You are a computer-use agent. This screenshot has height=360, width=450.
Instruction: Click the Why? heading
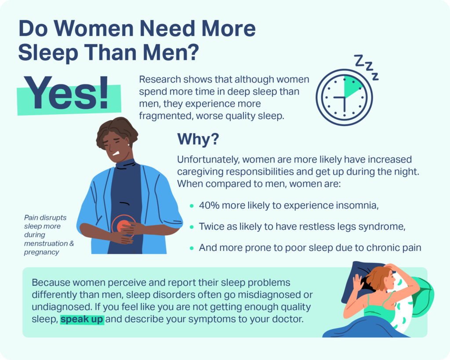tap(198, 139)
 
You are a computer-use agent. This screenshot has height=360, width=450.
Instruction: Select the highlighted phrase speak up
tap(82, 319)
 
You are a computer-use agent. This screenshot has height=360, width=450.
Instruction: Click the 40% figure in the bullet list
tap(209, 205)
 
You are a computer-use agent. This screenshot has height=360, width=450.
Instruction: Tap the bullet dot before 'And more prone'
tap(192, 248)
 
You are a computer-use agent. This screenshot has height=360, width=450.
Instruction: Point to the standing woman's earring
tap(128, 144)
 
